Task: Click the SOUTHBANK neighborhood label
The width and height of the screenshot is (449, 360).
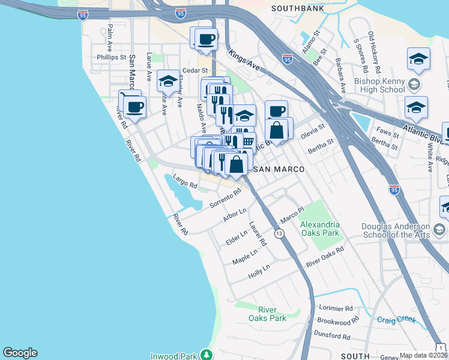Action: [299, 8]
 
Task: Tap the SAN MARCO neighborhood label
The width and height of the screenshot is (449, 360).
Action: [277, 170]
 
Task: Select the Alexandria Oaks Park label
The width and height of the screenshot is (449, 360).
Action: [320, 229]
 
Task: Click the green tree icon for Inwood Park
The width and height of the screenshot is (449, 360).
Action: [206, 355]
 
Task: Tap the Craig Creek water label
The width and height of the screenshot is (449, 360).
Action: [396, 320]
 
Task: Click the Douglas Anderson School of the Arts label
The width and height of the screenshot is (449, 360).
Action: [396, 230]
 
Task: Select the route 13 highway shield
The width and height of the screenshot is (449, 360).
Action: [279, 233]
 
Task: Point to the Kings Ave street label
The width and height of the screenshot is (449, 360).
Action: [243, 61]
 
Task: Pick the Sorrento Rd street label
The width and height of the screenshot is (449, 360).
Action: [225, 199]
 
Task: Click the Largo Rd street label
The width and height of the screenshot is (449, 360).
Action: [184, 181]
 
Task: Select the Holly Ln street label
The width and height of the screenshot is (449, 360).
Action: [259, 272]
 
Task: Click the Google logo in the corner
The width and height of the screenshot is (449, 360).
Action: [20, 353]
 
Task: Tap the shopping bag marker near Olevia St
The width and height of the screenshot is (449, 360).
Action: [276, 130]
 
